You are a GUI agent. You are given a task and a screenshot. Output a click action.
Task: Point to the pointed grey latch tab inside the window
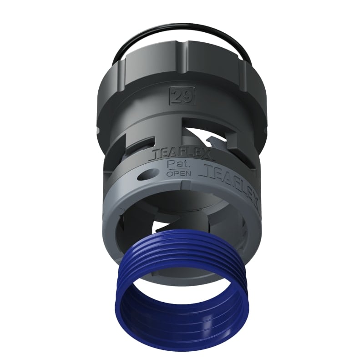click(207, 136)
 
